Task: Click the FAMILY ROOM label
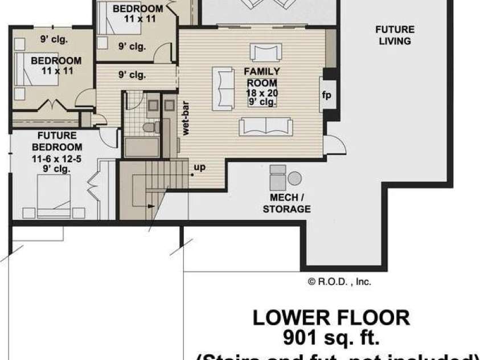pos(261,76)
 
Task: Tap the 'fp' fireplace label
pos(327,95)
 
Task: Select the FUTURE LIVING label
pos(395,35)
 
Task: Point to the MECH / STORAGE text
pos(286,203)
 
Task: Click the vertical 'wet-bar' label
pos(185,118)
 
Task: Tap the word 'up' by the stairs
pos(199,167)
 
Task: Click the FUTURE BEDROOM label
pos(56,142)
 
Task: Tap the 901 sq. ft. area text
pos(331,338)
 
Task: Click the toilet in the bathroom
pos(151,127)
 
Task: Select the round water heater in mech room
pos(294,178)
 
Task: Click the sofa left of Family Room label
pos(223,88)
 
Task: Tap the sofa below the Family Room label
pos(266,126)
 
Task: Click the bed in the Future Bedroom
pos(54,197)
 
